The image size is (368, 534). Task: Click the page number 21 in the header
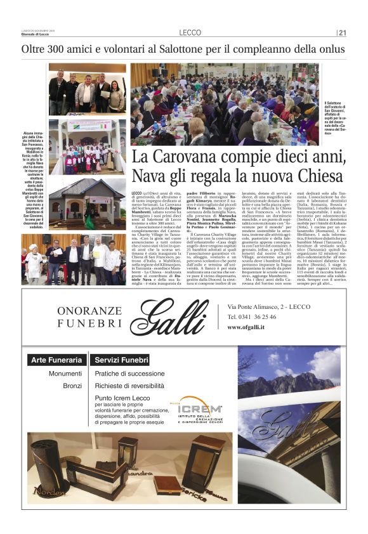[x=343, y=33]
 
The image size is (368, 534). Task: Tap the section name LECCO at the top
[x=190, y=33]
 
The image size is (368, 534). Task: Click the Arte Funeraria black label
[x=56, y=360]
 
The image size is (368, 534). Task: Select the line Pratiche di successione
[x=129, y=374]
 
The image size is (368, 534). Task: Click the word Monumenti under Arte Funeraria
[x=65, y=374]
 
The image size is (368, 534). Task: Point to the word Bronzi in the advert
[x=72, y=385]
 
